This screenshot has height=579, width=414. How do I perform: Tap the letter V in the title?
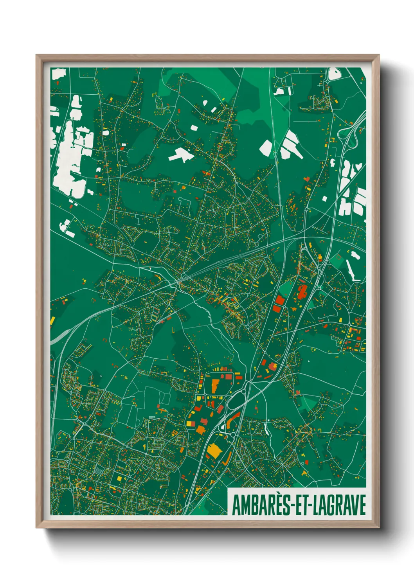click(x=354, y=505)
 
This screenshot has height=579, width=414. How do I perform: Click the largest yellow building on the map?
click(x=214, y=451)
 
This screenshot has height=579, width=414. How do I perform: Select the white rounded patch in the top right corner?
click(x=334, y=74)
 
